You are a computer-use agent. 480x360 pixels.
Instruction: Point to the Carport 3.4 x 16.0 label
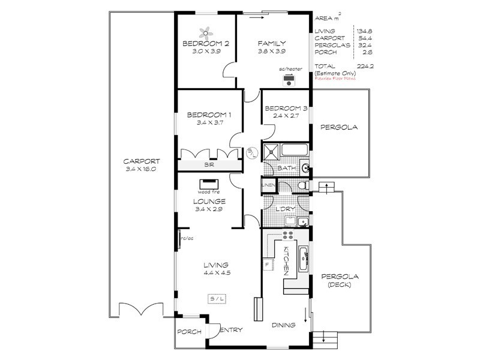tap(141, 166)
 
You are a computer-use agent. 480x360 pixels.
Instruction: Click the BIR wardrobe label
tap(209, 165)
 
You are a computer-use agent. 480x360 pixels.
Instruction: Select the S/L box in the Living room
tap(217, 299)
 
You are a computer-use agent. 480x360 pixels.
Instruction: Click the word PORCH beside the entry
tap(188, 332)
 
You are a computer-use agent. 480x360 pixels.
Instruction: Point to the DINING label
tap(283, 326)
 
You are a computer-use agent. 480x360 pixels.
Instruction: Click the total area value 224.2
tap(364, 66)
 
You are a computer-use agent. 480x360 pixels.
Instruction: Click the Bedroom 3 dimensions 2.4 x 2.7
tap(285, 116)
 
